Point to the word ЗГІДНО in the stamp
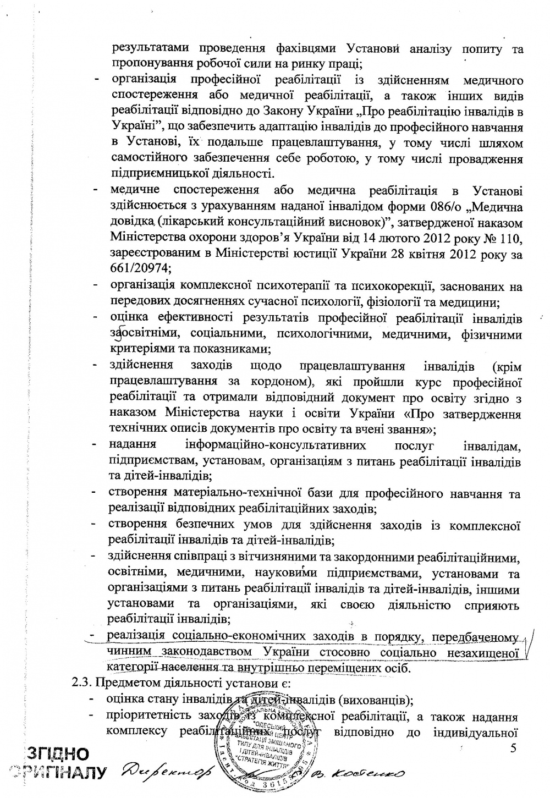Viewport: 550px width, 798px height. tap(59, 753)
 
